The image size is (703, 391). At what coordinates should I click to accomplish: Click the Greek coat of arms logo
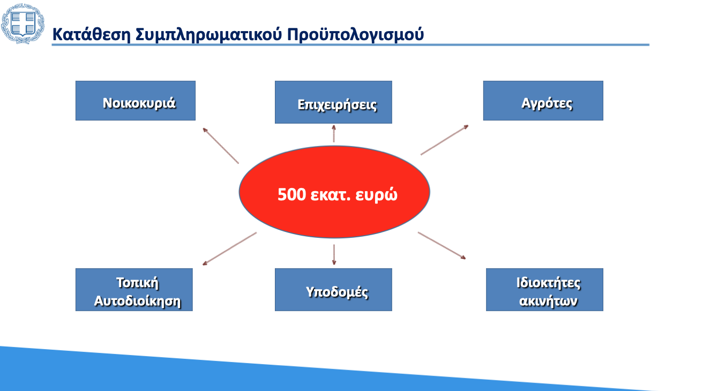23,24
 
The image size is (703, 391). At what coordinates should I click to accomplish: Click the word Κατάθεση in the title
91,34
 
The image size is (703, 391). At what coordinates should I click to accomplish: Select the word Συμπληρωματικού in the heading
209,35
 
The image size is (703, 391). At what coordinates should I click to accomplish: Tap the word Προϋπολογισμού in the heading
355,35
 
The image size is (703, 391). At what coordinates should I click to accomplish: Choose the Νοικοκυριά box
136,101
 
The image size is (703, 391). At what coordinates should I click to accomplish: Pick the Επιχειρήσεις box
333,102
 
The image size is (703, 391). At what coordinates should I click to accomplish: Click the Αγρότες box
543,101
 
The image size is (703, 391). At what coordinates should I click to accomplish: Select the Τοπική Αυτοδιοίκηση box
134,290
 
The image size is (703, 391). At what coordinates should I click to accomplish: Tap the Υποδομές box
333,290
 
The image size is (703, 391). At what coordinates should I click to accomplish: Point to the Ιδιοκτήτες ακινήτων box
544,290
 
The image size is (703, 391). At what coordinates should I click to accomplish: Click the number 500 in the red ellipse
292,194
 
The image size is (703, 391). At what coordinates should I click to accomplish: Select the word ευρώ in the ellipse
376,195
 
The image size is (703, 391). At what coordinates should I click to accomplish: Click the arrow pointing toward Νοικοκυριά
221,146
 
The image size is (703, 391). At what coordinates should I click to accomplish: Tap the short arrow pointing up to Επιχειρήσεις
334,134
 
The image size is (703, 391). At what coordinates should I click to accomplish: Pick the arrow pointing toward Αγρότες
444,140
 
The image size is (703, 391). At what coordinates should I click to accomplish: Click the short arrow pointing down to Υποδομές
334,255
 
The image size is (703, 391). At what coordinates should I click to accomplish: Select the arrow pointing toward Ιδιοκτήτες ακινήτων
442,246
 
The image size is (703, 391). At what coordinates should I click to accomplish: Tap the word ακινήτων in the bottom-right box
548,301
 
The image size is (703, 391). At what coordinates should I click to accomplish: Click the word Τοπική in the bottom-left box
138,283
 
